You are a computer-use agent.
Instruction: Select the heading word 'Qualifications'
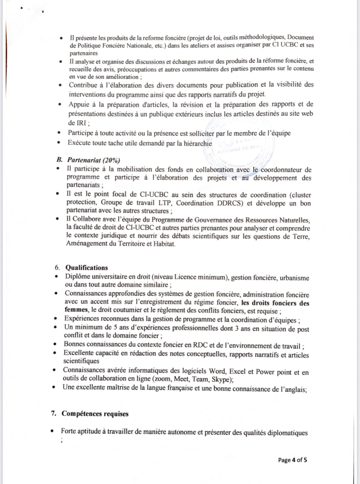[87, 268]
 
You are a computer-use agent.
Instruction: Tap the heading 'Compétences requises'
[95, 414]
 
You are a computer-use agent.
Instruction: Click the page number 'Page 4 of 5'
[292, 460]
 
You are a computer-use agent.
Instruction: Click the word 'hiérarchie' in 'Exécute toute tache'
[198, 143]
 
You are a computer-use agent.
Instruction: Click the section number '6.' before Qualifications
[57, 268]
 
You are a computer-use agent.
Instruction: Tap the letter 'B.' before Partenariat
[59, 160]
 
